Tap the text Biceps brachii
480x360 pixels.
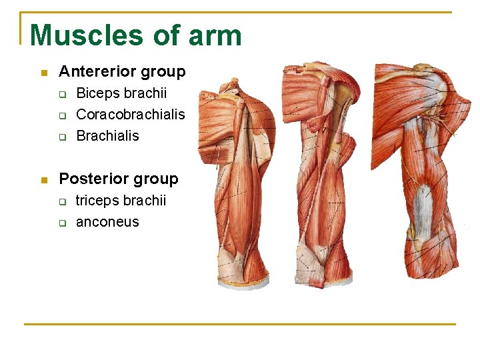click(x=121, y=93)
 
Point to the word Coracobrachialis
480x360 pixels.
click(x=130, y=114)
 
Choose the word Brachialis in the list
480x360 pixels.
click(x=107, y=135)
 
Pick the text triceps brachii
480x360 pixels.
click(x=121, y=201)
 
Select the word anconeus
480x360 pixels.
click(x=107, y=222)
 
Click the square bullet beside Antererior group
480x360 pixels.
click(x=43, y=72)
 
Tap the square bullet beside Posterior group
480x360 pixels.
click(x=43, y=179)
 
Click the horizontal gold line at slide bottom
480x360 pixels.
click(x=240, y=324)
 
